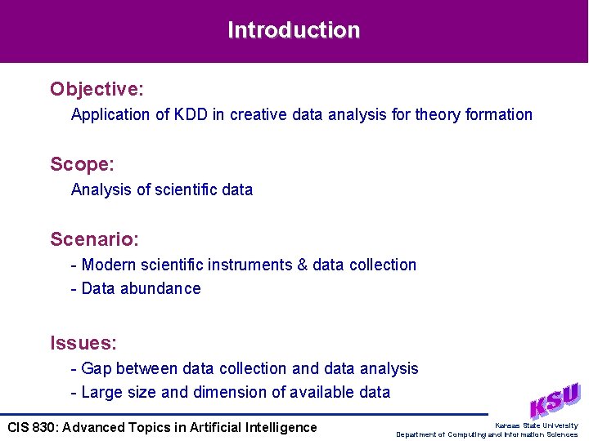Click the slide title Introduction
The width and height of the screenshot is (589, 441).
point(294,30)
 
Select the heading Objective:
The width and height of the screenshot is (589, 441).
point(97,88)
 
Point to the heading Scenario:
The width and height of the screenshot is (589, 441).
point(94,239)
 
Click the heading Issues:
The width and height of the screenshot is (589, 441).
point(83,342)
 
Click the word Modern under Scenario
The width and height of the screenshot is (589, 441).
point(109,265)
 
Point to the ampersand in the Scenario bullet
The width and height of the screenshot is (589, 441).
point(302,265)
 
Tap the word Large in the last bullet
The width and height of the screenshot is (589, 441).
point(102,392)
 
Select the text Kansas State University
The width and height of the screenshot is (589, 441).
point(536,425)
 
